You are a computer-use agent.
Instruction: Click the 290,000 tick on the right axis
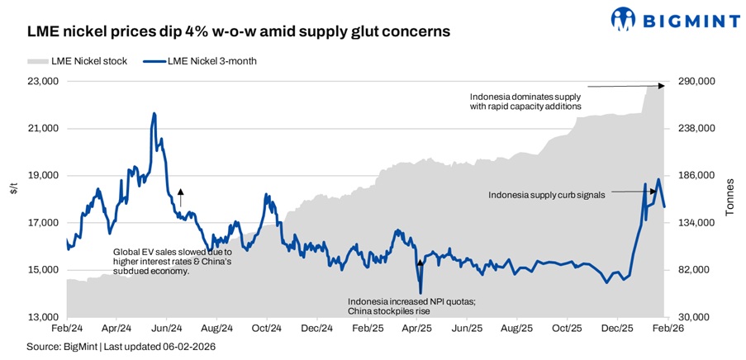696,82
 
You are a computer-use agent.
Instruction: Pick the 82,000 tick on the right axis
694,270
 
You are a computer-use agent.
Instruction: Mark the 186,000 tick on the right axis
696,176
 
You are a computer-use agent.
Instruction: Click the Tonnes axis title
729,200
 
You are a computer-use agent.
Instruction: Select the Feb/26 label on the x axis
667,328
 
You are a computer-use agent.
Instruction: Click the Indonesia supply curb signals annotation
547,195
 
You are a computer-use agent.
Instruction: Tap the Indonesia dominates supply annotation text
525,101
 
